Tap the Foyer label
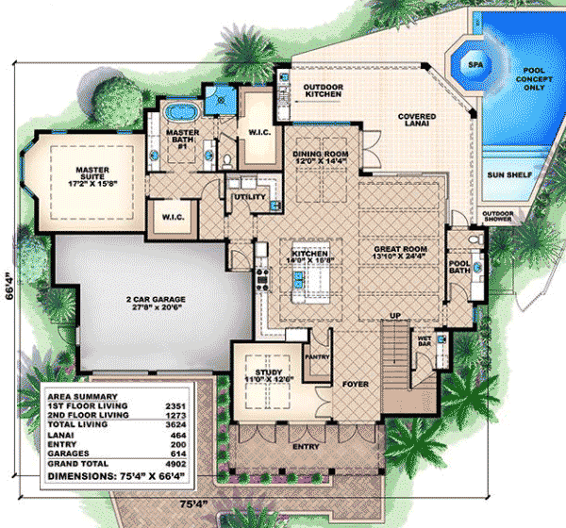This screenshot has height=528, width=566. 357,385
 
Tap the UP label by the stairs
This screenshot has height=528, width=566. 397,315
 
